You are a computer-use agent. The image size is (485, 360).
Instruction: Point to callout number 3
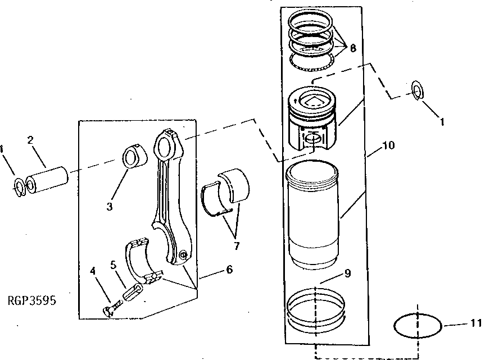(x=110, y=206)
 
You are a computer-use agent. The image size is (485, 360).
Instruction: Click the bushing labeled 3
(x=133, y=157)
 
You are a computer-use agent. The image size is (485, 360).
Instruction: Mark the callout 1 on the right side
(x=442, y=120)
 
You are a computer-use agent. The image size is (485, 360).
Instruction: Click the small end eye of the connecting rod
(x=166, y=147)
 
